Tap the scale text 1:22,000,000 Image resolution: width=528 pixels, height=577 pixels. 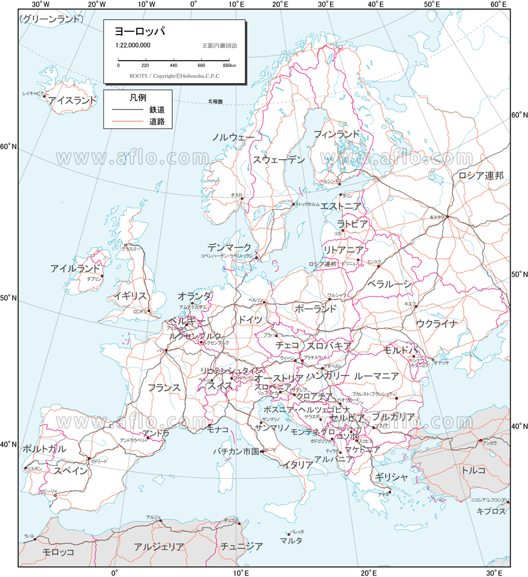coord(133,45)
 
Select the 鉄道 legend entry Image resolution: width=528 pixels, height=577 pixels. coord(156,110)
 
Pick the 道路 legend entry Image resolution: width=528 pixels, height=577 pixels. coord(156,122)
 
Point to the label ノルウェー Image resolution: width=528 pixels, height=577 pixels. coord(233,137)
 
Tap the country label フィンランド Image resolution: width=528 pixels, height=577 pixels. coord(336,134)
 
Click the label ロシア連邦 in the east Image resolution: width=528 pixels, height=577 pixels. coord(481,175)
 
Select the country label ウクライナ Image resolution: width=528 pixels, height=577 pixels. coord(436,323)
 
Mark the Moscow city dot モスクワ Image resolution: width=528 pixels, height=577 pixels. coord(448,217)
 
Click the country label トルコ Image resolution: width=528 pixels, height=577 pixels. coord(473,470)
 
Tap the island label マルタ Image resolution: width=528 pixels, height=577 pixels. coord(291,541)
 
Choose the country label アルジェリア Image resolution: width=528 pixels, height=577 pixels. coord(159,546)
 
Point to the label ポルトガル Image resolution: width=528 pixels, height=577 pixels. coord(44,449)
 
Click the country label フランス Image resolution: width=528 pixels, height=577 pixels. coord(164,387)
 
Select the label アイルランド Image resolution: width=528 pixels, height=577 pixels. coord(76,268)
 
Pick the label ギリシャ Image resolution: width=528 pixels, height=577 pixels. coord(391,477)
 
